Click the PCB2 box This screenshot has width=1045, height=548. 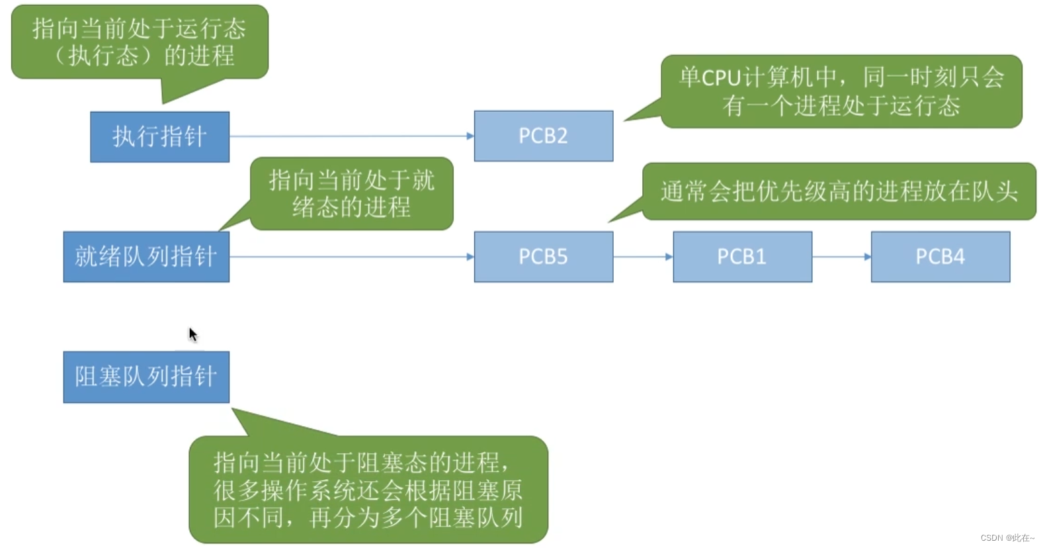point(543,136)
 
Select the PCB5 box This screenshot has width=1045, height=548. point(543,256)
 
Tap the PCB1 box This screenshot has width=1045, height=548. point(742,256)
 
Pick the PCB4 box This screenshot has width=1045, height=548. point(940,256)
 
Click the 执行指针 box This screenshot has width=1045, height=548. point(159,136)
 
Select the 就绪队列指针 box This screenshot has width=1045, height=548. point(146,256)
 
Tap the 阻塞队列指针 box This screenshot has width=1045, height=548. point(146,377)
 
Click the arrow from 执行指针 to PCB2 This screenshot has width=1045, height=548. point(351,136)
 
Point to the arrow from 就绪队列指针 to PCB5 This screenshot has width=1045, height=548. point(351,257)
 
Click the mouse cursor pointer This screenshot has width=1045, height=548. point(192,335)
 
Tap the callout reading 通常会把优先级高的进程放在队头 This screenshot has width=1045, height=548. point(839,191)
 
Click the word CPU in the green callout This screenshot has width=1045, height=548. point(720,78)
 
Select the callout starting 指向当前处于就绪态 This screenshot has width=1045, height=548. point(351,193)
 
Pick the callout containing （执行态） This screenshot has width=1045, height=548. point(140,42)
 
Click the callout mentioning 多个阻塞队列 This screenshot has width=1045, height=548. point(368,489)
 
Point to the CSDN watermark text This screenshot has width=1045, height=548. point(1007,537)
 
